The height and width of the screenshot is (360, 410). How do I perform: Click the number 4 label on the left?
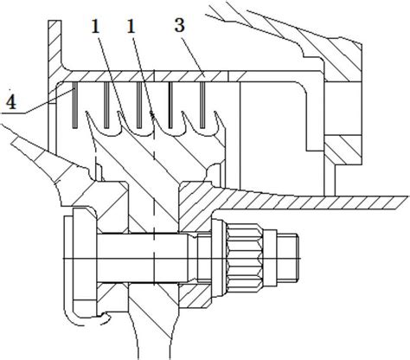click(11, 101)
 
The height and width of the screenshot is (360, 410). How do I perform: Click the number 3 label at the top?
click(179, 25)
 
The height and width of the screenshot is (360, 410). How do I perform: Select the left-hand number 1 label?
click(95, 27)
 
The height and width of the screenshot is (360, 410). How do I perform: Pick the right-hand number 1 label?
click(131, 27)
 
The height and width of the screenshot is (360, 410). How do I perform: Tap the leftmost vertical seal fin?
click(74, 105)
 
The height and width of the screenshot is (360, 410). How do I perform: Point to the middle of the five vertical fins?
click(139, 105)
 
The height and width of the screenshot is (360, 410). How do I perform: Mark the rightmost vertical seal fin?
click(202, 105)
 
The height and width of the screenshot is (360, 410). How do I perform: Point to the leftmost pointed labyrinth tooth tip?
click(86, 112)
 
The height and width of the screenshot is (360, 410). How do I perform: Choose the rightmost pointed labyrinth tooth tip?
click(215, 112)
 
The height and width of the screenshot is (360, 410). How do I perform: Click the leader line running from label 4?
click(48, 101)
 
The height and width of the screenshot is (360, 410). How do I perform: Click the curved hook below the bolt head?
click(84, 318)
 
